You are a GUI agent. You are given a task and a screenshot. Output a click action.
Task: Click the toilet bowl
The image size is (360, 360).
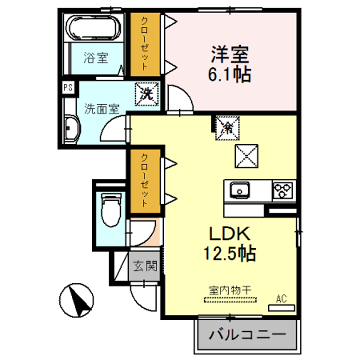click(111, 210)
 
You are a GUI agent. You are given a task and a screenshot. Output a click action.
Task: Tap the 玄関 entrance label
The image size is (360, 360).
click(144, 268)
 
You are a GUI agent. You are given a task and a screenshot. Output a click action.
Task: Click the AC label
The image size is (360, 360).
click(281, 298)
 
